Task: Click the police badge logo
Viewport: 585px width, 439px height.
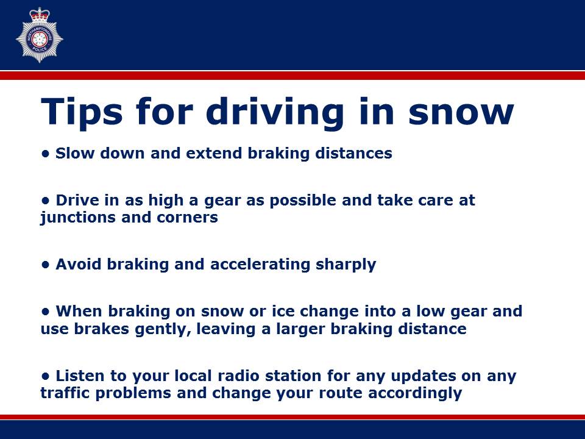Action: [40, 35]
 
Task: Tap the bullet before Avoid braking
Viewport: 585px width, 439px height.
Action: [44, 265]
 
